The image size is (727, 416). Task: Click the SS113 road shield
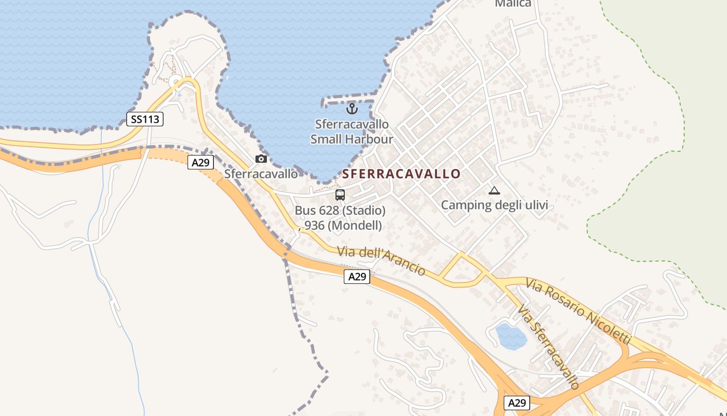click(x=145, y=119)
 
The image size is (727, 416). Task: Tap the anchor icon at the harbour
click(x=352, y=109)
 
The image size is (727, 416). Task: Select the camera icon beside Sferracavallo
click(x=261, y=159)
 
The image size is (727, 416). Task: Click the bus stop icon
click(x=340, y=195)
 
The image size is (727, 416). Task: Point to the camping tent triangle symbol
click(x=494, y=190)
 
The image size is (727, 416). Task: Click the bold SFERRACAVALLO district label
click(x=401, y=174)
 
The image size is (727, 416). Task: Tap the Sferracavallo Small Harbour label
click(x=352, y=132)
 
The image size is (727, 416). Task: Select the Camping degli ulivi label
click(x=494, y=205)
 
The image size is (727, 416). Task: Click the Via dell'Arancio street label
click(x=381, y=260)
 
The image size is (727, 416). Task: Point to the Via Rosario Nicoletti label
click(x=578, y=311)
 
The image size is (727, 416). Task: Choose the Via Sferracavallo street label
click(x=548, y=347)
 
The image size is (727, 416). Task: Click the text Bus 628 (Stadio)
click(x=340, y=211)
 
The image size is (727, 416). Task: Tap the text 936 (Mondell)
click(x=341, y=225)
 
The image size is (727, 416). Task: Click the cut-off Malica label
click(x=513, y=4)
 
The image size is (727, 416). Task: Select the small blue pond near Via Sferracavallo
click(x=511, y=336)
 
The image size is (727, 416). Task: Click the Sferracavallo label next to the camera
click(x=261, y=174)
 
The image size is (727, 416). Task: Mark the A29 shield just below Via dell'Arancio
click(x=357, y=277)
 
